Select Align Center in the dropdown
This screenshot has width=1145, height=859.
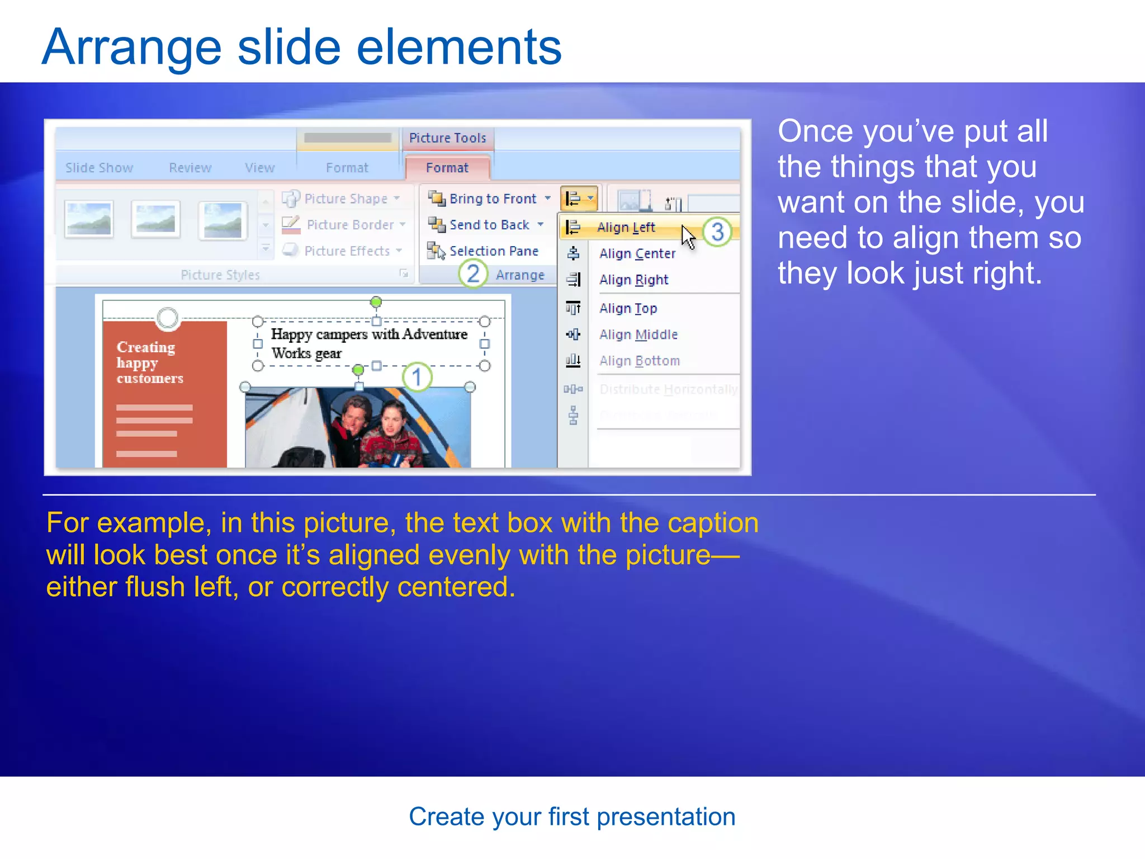click(x=637, y=254)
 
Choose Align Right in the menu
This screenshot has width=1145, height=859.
click(x=633, y=280)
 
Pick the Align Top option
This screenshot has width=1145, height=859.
click(x=628, y=308)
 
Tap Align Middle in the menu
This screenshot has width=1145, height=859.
click(x=638, y=334)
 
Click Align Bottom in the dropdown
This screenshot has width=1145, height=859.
click(x=639, y=361)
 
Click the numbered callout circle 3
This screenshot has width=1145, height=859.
click(x=717, y=232)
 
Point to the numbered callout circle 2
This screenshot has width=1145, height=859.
click(x=472, y=274)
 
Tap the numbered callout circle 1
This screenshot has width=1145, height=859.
click(x=417, y=377)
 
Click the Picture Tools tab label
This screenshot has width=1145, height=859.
click(x=447, y=138)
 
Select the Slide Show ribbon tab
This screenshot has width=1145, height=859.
click(x=99, y=168)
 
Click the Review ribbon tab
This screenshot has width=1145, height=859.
click(x=190, y=168)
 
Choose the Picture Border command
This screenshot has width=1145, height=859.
click(x=349, y=225)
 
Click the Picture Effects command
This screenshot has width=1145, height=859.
click(x=346, y=251)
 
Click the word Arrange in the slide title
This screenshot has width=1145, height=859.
click(x=131, y=48)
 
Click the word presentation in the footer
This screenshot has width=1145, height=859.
click(x=665, y=817)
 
